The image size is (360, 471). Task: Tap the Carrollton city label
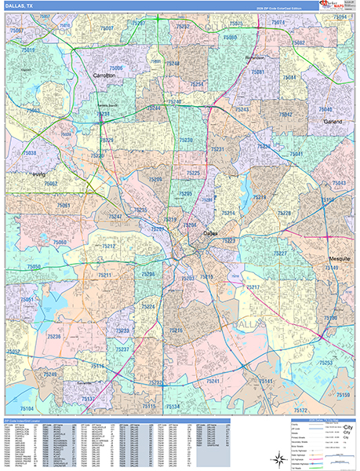click(104, 75)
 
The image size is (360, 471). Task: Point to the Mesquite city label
click(339, 257)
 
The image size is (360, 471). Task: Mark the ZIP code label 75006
click(116, 68)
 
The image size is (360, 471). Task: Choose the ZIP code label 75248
click(173, 63)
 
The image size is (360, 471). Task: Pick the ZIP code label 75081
click(257, 71)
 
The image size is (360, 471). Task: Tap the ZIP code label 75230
click(185, 140)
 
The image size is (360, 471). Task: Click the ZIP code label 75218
click(259, 197)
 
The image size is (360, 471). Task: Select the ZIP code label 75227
click(279, 254)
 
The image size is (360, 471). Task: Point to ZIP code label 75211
click(104, 276)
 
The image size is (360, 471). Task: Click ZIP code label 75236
click(53, 336)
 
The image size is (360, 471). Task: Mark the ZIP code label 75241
click(213, 380)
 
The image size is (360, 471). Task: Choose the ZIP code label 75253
click(325, 363)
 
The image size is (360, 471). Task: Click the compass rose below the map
click(276, 457)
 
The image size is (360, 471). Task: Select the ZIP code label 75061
click(63, 206)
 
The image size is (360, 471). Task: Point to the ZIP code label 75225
click(193, 173)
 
